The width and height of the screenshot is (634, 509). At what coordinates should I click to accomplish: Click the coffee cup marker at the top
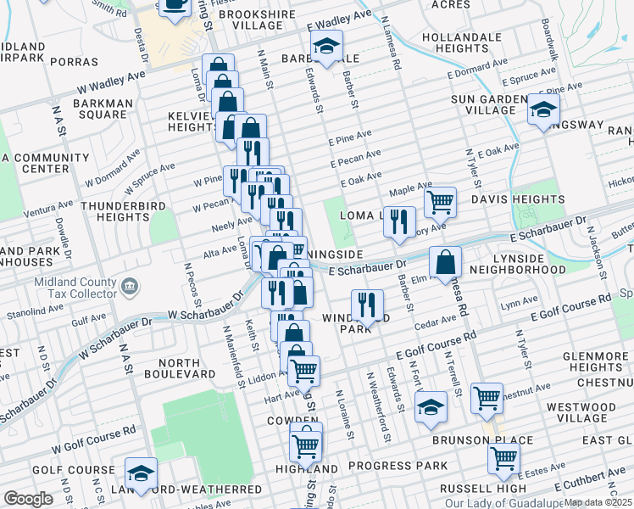pyautogui.click(x=175, y=4)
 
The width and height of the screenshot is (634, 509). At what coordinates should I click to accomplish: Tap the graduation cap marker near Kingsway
pyautogui.click(x=543, y=110)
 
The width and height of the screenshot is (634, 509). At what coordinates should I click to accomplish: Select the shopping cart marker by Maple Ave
pyautogui.click(x=440, y=202)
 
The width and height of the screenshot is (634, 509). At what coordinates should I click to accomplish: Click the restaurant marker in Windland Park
pyautogui.click(x=367, y=304)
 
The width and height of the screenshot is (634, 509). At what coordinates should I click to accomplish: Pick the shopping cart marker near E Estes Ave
pyautogui.click(x=503, y=457)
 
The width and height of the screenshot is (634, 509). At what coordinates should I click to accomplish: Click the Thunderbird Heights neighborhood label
pyautogui.click(x=116, y=211)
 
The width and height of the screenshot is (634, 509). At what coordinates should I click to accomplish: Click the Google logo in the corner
pyautogui.click(x=28, y=499)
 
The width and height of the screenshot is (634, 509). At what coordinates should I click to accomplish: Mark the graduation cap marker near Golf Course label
pyautogui.click(x=141, y=473)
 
